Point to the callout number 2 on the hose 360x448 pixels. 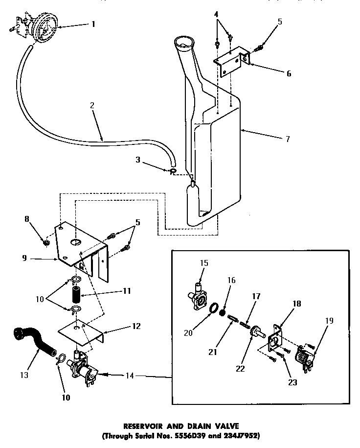click(x=92, y=104)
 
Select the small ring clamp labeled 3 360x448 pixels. click(x=173, y=171)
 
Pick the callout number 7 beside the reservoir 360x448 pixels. click(x=288, y=139)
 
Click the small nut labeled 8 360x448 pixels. click(x=46, y=242)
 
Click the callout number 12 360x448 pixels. click(x=136, y=326)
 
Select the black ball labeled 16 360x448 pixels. click(x=223, y=312)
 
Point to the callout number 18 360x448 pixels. click(x=296, y=304)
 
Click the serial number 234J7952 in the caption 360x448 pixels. click(x=241, y=435)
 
